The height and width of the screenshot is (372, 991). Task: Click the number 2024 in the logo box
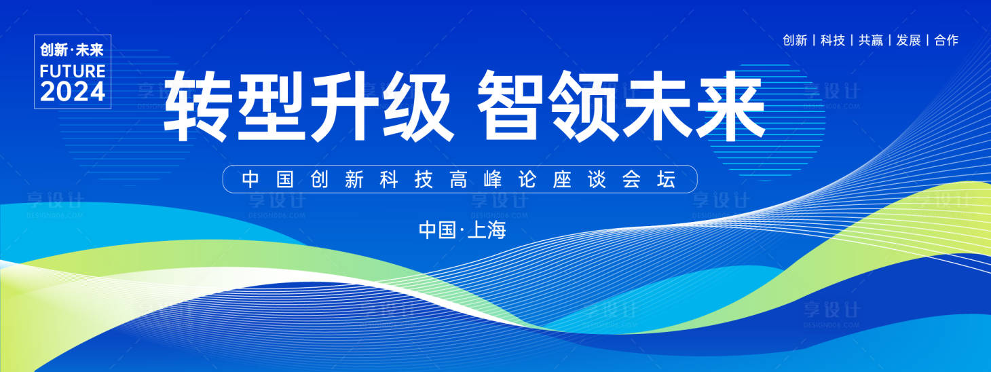tap(73, 92)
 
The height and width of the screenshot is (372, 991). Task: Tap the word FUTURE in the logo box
tap(73, 71)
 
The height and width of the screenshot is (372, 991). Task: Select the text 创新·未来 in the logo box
tap(73, 50)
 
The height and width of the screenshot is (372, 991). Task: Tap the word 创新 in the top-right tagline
tap(795, 40)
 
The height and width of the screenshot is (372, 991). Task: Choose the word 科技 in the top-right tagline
tap(833, 40)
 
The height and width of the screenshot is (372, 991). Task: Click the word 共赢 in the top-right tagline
tap(871, 40)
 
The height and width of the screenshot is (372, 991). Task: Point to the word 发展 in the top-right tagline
tap(909, 40)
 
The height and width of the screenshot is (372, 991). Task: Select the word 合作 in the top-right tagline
tap(946, 40)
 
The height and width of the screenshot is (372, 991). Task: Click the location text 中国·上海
tap(463, 230)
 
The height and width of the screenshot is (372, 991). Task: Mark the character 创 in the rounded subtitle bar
tap(319, 180)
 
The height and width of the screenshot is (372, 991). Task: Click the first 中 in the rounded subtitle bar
tap(251, 180)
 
